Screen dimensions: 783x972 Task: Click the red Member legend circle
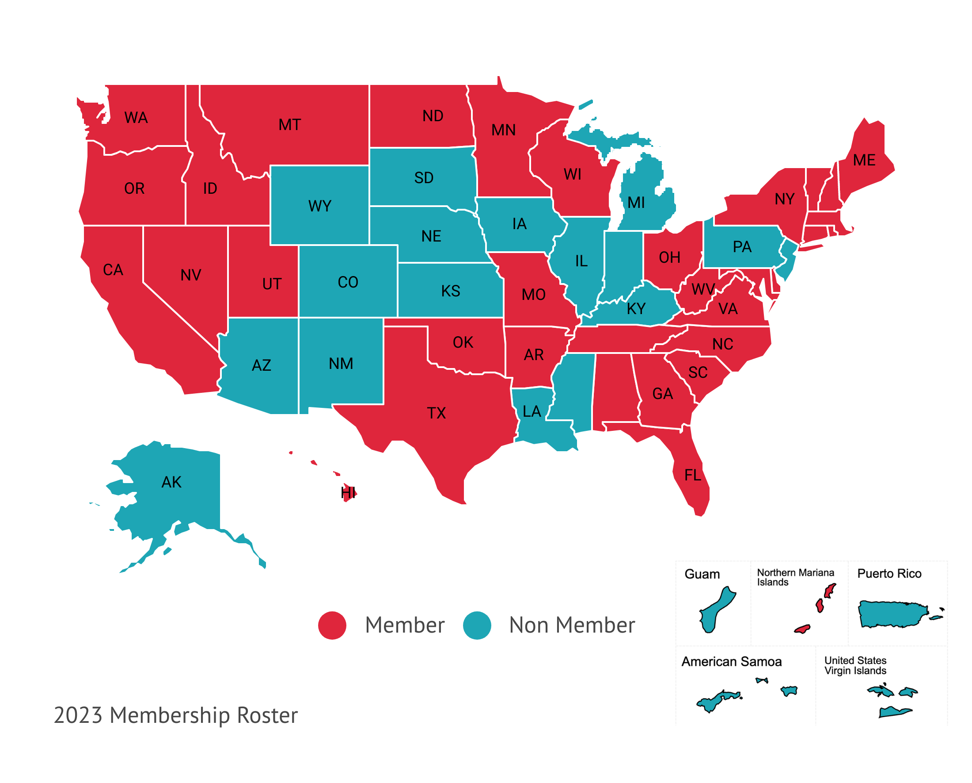tap(332, 625)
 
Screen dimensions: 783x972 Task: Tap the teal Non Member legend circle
tap(477, 625)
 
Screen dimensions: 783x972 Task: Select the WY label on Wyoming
tap(319, 206)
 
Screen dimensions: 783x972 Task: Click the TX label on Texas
tap(436, 413)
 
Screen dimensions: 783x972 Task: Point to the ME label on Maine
tap(864, 160)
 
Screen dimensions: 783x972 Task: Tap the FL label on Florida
tap(692, 475)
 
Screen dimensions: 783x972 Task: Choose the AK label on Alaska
tap(171, 482)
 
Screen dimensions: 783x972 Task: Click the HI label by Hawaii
tap(348, 492)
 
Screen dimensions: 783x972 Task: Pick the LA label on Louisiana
tap(532, 411)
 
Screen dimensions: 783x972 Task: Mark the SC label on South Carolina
tap(698, 372)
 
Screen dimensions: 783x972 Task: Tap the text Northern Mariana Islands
tap(795, 577)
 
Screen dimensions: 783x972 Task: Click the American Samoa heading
tap(731, 662)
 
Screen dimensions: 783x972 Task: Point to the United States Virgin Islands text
tap(855, 665)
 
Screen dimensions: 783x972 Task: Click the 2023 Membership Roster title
tap(176, 715)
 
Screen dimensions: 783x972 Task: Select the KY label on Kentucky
tap(636, 309)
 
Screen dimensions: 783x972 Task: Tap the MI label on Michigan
tap(636, 203)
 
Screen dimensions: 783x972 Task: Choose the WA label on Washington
tap(136, 118)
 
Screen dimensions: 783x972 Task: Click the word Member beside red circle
tap(404, 625)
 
